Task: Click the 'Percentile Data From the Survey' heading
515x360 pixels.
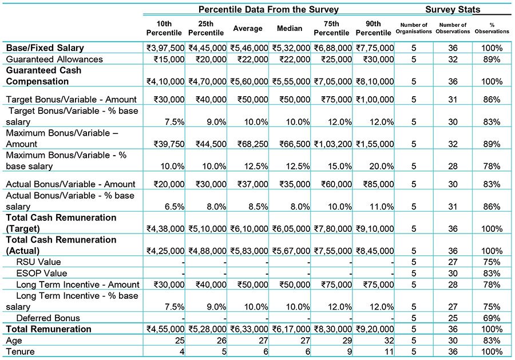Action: click(268, 9)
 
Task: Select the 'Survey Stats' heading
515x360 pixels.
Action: click(453, 9)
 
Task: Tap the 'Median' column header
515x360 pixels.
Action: click(290, 28)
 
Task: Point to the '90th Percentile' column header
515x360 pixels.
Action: click(374, 28)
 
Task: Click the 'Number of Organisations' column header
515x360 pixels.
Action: click(414, 28)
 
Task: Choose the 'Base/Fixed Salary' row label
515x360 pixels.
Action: click(45, 48)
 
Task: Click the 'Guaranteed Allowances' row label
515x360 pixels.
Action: click(54, 59)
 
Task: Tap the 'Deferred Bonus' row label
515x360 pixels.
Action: click(48, 318)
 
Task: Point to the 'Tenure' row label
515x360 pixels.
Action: click(20, 351)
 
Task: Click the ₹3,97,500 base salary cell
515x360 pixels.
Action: click(165, 48)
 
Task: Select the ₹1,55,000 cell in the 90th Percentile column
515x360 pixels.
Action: click(375, 144)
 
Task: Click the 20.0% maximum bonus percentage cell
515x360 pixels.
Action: click(381, 166)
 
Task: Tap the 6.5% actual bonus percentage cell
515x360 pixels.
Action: click(175, 207)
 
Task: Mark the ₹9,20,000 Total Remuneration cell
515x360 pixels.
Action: click(375, 329)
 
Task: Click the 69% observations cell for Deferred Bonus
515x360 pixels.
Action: click(492, 318)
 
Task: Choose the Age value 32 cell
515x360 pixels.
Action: click(389, 341)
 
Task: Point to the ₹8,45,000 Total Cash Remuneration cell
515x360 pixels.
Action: click(375, 251)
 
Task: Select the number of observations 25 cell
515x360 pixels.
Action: click(453, 318)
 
